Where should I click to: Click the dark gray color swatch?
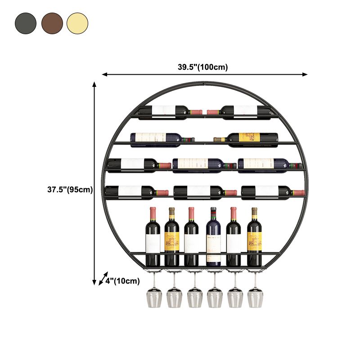click(25, 23)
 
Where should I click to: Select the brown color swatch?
click(52, 23)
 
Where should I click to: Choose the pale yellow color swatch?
click(77, 23)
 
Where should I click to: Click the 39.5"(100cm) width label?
click(202, 67)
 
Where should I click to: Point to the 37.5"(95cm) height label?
click(70, 189)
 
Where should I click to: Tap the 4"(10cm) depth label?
click(123, 281)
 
